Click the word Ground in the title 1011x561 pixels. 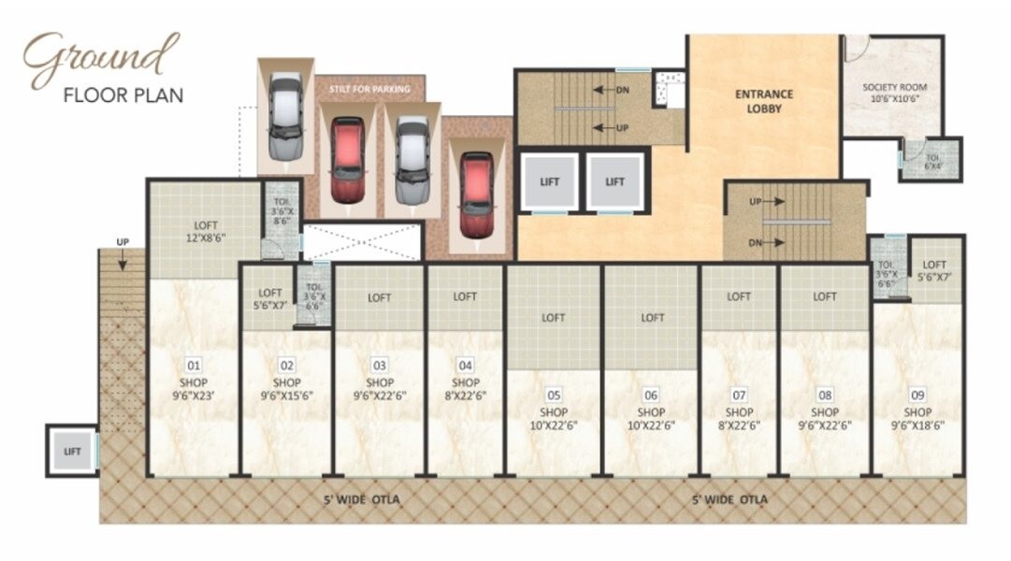(101, 58)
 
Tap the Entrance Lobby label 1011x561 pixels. (763, 101)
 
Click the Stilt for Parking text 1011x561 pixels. (369, 89)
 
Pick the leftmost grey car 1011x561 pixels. (285, 117)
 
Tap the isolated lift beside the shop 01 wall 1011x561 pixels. (72, 452)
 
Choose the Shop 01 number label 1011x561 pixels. (194, 366)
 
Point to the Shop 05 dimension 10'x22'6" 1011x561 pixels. (554, 424)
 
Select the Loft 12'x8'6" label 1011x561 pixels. (206, 230)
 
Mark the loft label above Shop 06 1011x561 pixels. (652, 318)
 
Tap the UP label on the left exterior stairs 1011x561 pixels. (123, 242)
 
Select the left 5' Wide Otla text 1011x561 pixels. (362, 500)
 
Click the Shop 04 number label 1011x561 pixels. (466, 366)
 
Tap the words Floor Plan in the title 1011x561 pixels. (123, 94)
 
